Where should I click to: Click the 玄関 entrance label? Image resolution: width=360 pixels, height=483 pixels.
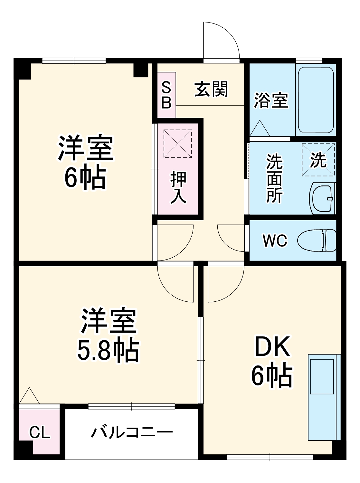211,89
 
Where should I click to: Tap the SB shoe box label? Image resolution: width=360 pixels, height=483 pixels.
166,95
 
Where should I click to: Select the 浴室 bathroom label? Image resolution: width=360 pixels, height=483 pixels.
271,100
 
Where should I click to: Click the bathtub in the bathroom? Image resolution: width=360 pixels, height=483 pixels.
316,99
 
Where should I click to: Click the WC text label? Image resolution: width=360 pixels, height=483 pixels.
274,241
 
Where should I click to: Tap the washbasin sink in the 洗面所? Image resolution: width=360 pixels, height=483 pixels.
322,199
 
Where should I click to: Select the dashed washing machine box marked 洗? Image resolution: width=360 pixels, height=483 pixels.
318,160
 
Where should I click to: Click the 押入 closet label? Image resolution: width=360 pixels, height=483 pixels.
178,188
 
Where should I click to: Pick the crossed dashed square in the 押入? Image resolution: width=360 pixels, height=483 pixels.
177,144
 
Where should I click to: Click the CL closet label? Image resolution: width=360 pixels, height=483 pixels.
40,432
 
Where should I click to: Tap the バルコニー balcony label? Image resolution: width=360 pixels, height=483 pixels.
132,432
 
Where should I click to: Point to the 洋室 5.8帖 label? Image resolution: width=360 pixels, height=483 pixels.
108,335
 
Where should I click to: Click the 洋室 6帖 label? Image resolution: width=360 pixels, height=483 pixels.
86,163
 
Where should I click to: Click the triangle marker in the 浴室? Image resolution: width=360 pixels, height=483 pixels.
260,129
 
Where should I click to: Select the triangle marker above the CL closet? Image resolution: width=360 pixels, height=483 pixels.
29,396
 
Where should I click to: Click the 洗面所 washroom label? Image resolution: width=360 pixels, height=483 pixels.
274,179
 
